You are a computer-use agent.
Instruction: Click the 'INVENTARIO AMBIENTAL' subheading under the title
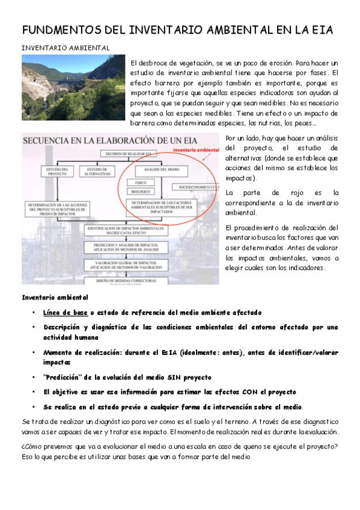(x=66, y=48)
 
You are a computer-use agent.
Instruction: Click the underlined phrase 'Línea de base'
(x=66, y=313)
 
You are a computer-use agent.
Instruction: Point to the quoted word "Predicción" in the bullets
(x=64, y=377)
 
